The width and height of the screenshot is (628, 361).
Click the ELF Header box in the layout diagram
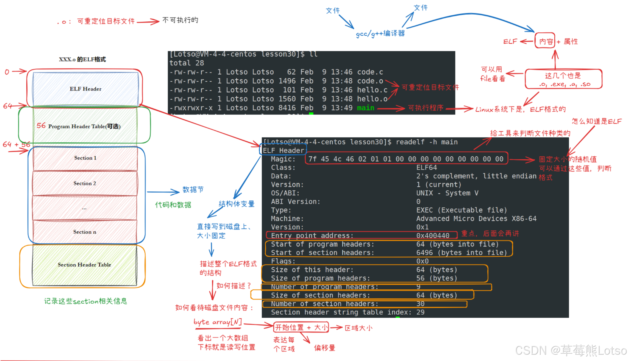coord(85,89)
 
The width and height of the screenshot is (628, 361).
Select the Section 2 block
coord(85,183)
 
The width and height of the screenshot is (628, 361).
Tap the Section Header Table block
coord(84,265)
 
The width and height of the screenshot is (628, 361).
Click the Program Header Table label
coord(84,126)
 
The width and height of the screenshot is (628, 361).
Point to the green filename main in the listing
coord(365,108)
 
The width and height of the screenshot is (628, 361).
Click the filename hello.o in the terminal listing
coord(372,99)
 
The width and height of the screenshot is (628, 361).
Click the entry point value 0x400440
coord(432,236)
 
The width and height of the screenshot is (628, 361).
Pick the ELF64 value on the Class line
coord(426,167)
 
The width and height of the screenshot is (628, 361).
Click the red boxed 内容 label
coord(545,41)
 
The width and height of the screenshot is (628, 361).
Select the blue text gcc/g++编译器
coord(380,34)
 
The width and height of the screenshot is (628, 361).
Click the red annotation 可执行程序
coord(426,108)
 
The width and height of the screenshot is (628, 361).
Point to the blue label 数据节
coord(193,190)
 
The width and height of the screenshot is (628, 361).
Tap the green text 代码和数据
coord(173,205)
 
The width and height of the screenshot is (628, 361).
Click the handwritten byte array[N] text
coord(218,322)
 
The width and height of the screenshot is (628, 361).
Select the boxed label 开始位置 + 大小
coord(301,328)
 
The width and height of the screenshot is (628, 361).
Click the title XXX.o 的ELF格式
coord(82,59)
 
